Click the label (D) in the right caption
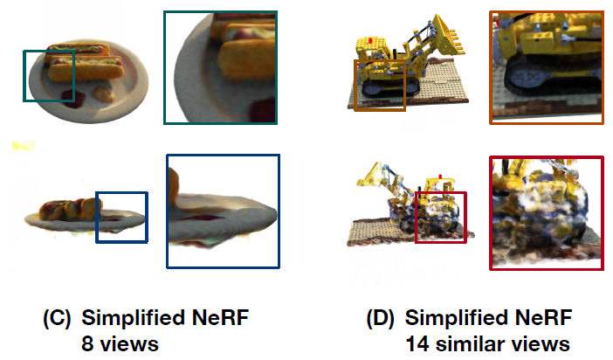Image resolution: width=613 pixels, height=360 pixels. point(382,318)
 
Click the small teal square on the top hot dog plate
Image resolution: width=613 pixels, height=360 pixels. point(49,76)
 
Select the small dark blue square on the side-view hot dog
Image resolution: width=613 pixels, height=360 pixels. point(121,218)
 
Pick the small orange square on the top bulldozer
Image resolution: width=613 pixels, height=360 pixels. point(380,86)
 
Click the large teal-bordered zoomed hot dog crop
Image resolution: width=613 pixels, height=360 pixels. point(220,67)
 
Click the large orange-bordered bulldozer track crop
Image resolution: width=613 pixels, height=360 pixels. point(546,67)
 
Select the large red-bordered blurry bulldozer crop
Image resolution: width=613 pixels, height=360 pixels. point(546,212)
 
